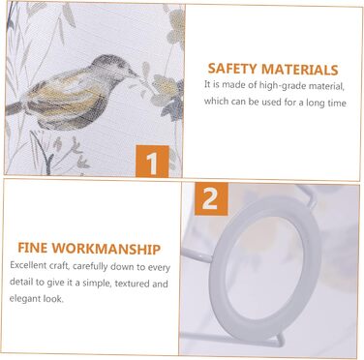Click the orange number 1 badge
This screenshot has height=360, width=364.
[152, 162]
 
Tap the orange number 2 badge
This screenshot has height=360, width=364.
[211, 199]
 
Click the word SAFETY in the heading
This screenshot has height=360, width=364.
[232, 70]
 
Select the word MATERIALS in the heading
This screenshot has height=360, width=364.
[299, 70]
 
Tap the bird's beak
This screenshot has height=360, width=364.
[133, 74]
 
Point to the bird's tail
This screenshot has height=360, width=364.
[16, 108]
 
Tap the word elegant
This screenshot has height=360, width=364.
[25, 299]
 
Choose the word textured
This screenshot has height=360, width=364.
[133, 284]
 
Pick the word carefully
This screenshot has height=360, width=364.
[90, 266]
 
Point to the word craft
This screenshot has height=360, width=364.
[60, 266]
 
